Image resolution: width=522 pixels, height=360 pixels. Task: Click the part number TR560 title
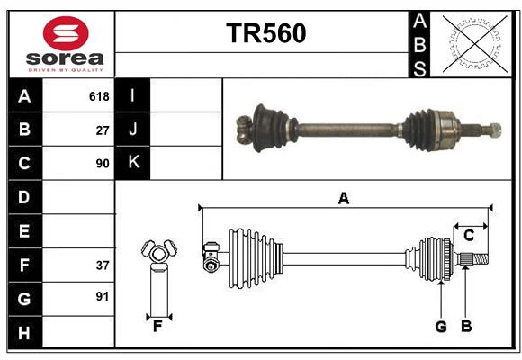[x=265, y=33]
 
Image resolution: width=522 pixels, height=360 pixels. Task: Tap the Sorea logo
[x=66, y=43]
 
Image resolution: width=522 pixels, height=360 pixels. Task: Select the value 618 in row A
[x=98, y=96]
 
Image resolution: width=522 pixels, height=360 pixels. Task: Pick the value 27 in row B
[x=102, y=130]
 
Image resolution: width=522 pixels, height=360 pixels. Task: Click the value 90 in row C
[x=102, y=164]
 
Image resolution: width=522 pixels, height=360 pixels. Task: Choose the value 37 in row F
[x=102, y=265]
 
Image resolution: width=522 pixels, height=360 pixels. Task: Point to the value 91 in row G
[x=102, y=296]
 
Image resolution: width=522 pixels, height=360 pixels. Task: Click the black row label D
[x=24, y=197]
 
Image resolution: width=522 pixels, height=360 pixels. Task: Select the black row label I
[x=133, y=96]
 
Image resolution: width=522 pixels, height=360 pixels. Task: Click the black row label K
[x=133, y=163]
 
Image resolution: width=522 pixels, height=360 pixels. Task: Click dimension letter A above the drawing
[x=343, y=198]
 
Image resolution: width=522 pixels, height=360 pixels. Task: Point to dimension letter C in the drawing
[x=468, y=236]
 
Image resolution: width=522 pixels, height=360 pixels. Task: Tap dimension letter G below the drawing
[x=441, y=326]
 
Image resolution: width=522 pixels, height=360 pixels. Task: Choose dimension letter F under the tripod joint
[x=157, y=326]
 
